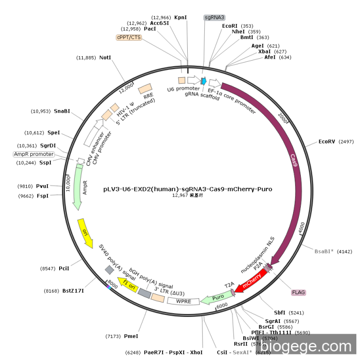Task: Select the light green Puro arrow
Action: (215, 298)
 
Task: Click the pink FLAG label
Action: (298, 292)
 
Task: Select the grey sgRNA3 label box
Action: (215, 17)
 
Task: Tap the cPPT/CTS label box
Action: (129, 37)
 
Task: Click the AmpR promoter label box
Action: (34, 154)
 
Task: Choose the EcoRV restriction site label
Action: (327, 141)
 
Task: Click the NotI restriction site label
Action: (105, 58)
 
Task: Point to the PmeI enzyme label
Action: (131, 336)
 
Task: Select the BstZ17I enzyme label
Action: (73, 291)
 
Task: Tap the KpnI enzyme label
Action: (181, 17)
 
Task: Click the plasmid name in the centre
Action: (188, 189)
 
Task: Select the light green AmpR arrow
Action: (78, 187)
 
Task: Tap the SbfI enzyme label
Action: (279, 312)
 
